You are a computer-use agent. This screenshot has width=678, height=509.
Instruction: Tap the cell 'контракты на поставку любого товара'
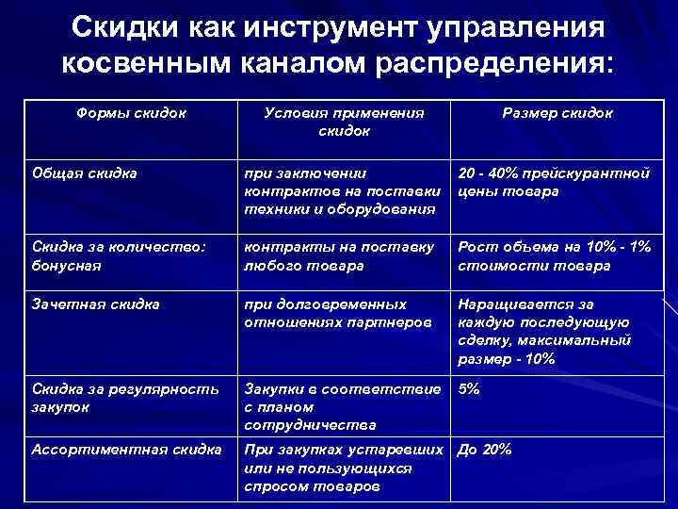[339, 256]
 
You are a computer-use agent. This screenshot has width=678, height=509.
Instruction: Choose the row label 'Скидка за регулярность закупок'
[125, 398]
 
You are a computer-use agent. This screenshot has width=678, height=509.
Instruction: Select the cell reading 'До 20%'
[484, 450]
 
